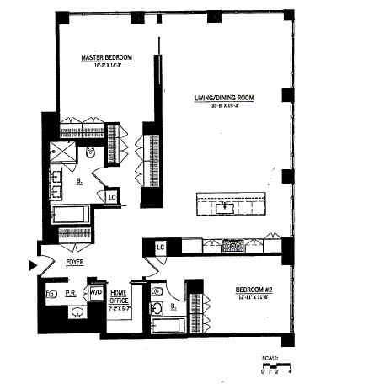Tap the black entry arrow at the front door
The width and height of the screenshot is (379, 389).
click(33, 265)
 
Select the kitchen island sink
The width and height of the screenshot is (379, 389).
click(225, 205)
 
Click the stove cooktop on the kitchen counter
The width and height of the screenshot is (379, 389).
click(232, 246)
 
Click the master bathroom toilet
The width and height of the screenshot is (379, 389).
click(92, 152)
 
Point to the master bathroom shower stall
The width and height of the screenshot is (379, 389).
click(61, 152)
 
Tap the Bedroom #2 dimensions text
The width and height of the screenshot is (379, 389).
click(253, 299)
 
